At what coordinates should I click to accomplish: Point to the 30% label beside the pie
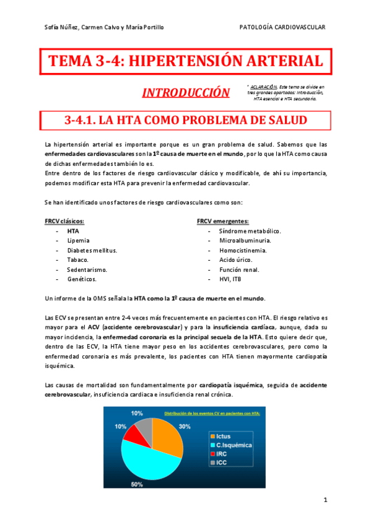pyautogui.click(x=185, y=427)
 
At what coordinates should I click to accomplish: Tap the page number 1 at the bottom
pyautogui.click(x=325, y=500)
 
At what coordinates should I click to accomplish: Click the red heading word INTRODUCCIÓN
pyautogui.click(x=185, y=93)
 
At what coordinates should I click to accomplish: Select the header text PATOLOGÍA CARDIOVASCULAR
pyautogui.click(x=282, y=27)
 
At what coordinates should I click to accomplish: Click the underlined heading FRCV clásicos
pyautogui.click(x=64, y=221)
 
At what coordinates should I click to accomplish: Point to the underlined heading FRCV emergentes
pyautogui.click(x=223, y=221)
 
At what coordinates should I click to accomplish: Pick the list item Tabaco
pyautogui.click(x=77, y=260)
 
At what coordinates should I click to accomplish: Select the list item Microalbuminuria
pyautogui.click(x=245, y=240)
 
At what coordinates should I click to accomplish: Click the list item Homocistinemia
pyautogui.click(x=243, y=250)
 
